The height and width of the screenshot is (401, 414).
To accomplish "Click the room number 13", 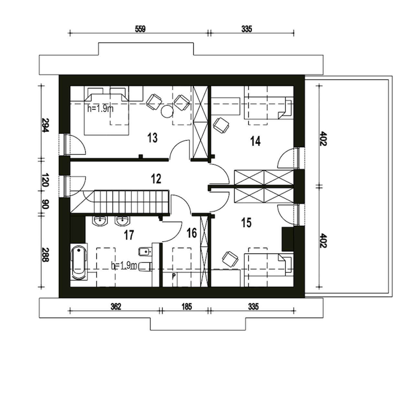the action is (152, 138).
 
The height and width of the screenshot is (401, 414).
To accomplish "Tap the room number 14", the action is (255, 141).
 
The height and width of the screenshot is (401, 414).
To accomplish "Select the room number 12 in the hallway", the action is (156, 179).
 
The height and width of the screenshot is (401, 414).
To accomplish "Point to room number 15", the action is (246, 223).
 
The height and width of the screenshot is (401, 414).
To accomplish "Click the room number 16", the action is (192, 233).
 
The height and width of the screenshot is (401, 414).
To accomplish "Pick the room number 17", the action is (129, 235).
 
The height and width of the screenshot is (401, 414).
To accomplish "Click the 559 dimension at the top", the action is (140, 29).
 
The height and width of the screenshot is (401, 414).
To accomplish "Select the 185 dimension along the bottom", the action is (187, 307).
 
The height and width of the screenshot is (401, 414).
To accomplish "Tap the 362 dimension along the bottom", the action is (116, 307).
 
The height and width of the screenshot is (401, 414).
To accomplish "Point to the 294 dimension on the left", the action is (45, 125).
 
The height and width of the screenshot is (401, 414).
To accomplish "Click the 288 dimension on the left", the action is (45, 255).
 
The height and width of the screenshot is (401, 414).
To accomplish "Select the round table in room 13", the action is (167, 111).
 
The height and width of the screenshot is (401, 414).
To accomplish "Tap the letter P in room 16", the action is (174, 276).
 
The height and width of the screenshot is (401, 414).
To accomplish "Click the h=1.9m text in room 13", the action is (100, 109).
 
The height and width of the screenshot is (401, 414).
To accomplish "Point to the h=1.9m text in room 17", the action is (124, 266).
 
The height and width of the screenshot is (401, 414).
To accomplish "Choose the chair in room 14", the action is (221, 125).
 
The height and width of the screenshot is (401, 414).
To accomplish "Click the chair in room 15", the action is (230, 259).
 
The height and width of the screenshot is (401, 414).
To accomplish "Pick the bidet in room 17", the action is (145, 252).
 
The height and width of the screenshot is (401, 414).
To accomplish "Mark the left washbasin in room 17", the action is (100, 222).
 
